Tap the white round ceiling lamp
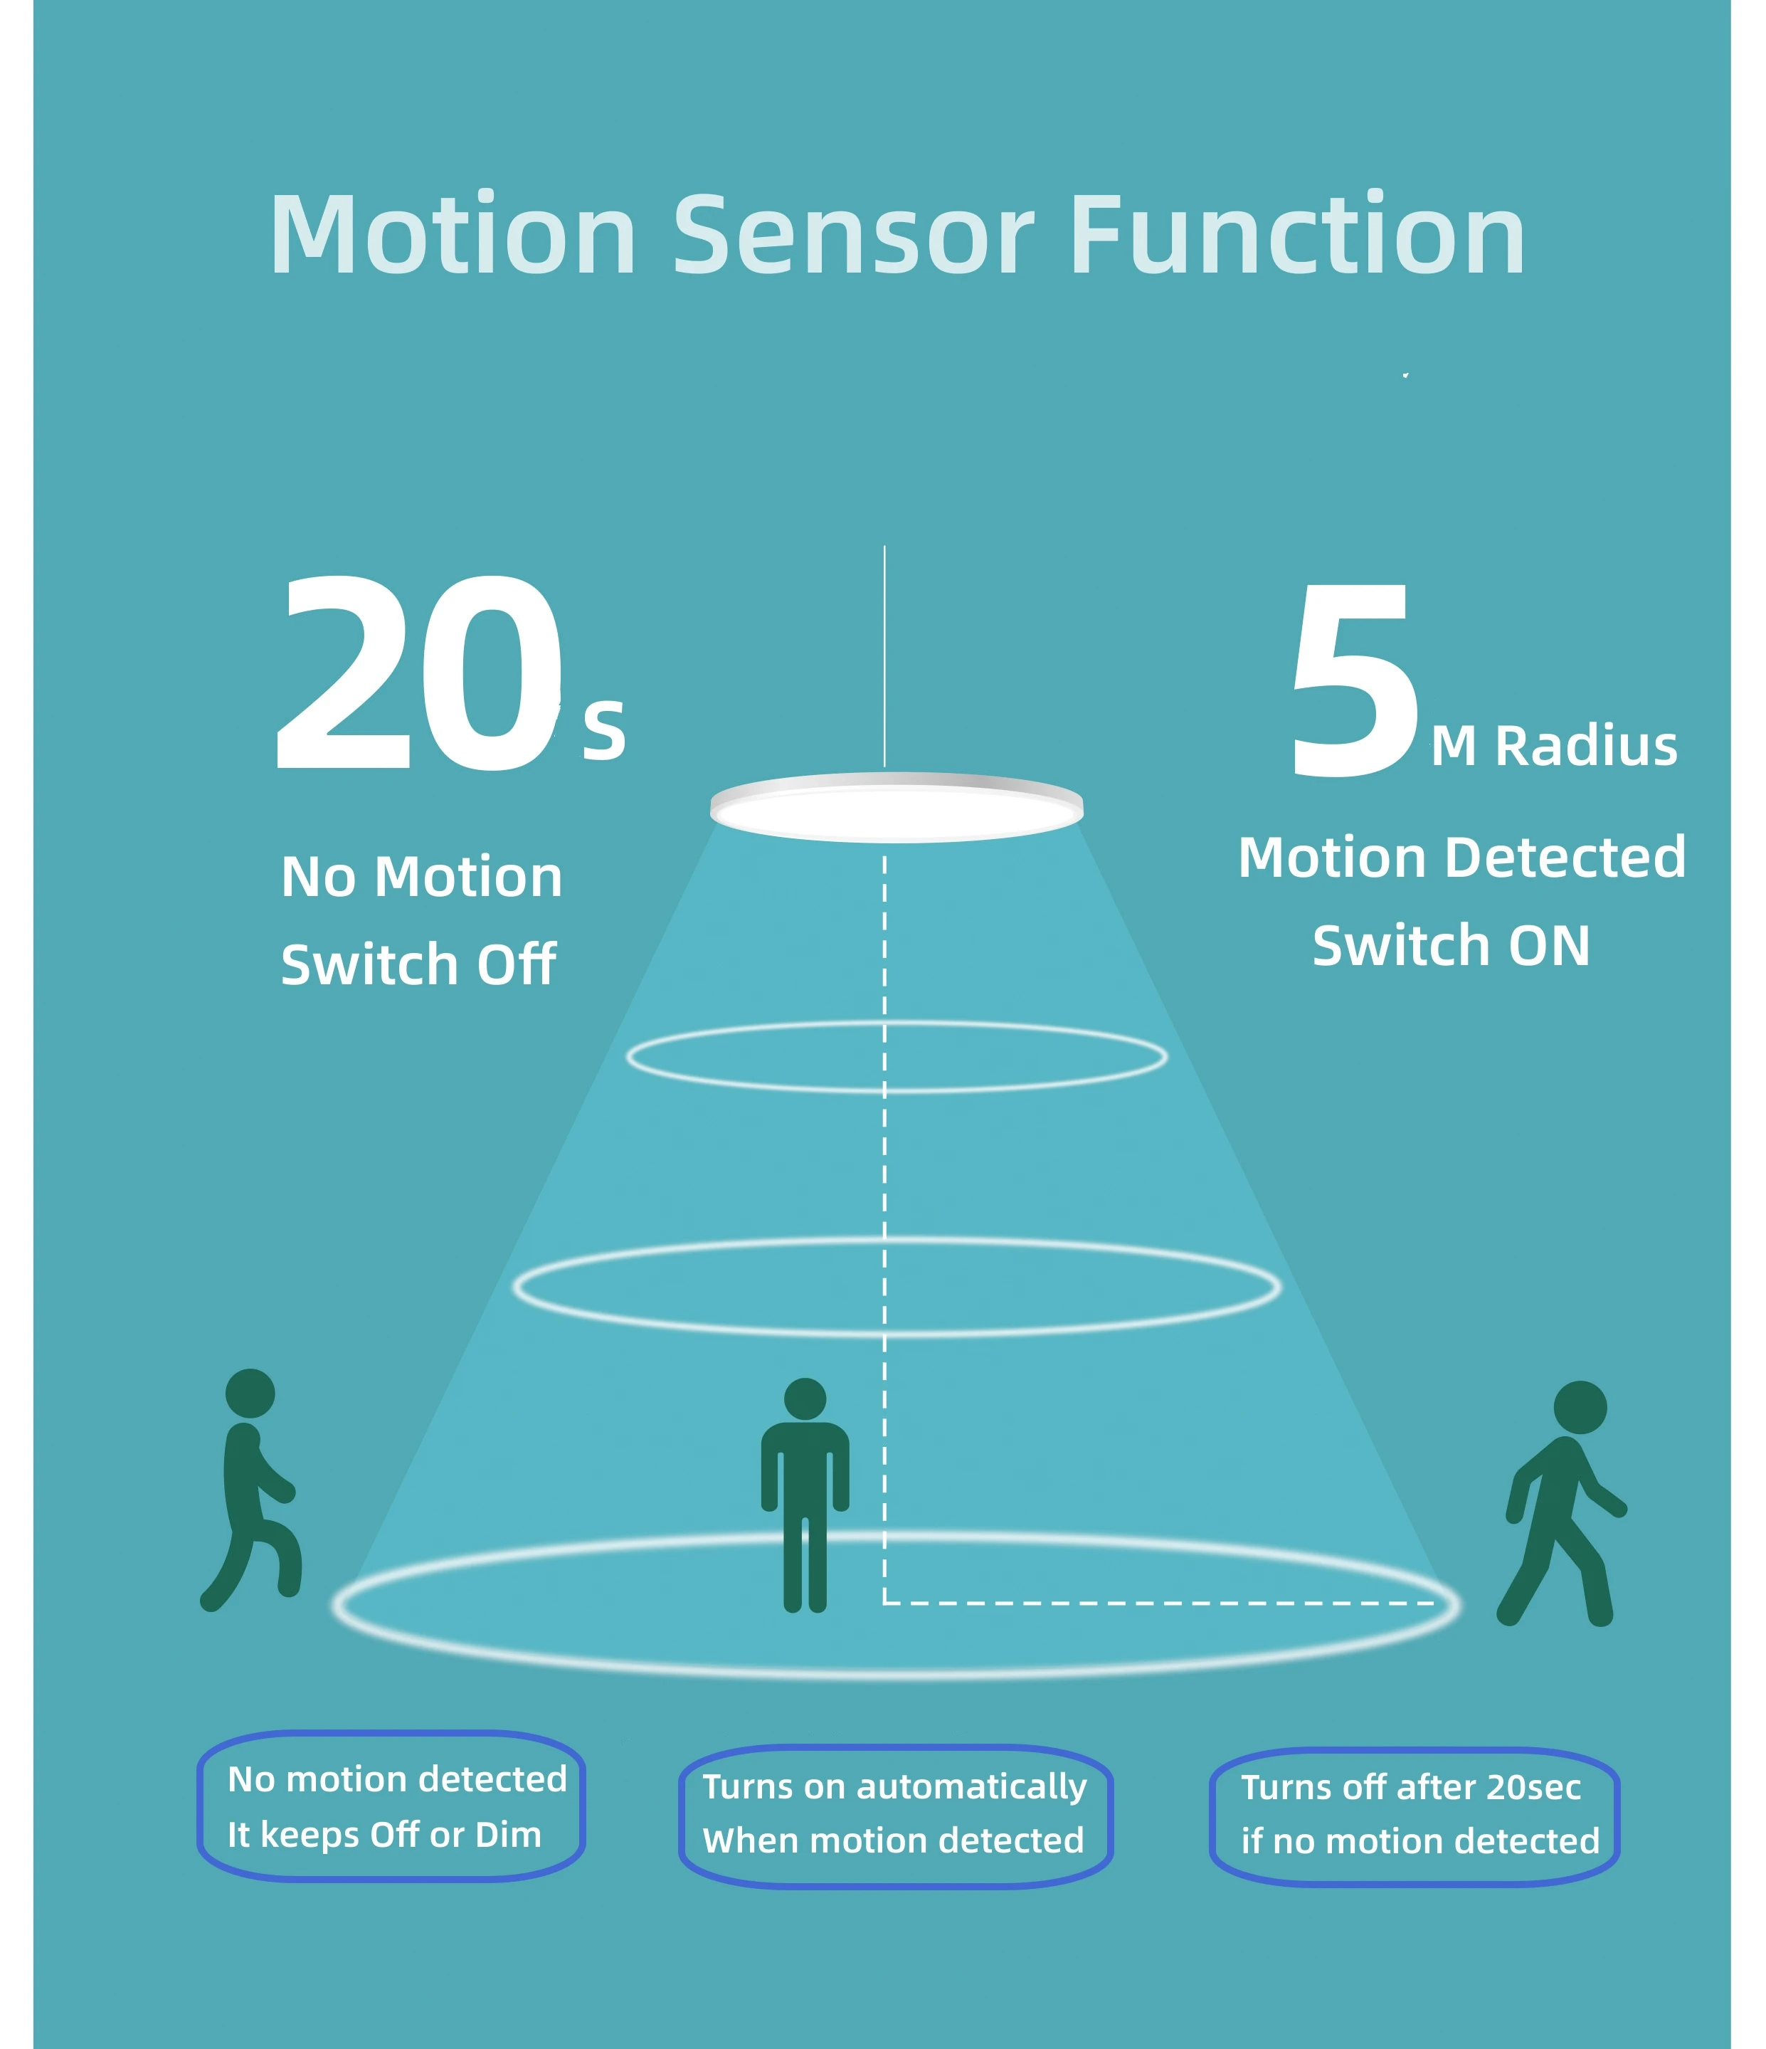[896, 808]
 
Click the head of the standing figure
[804, 1399]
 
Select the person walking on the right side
[1563, 1503]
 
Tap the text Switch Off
[418, 965]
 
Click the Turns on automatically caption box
[895, 1815]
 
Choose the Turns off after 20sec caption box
[1414, 1816]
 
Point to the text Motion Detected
[1461, 858]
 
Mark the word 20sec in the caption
[1533, 1787]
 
